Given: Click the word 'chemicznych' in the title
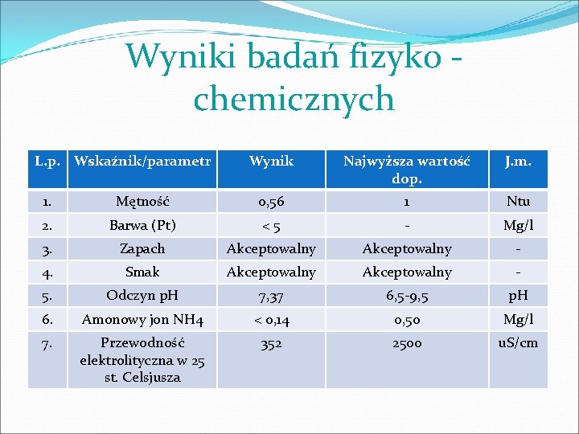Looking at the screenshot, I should click(x=294, y=100).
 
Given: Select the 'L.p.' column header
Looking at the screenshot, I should click(x=47, y=162).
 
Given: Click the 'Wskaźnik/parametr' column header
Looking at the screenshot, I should click(x=142, y=162).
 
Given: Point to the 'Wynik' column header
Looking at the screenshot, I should click(x=271, y=162).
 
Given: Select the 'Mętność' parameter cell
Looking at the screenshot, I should click(x=142, y=202).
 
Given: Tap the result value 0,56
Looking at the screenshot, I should click(x=271, y=202).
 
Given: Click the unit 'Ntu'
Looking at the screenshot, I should click(x=517, y=202).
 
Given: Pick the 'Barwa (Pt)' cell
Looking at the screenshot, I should click(x=142, y=225).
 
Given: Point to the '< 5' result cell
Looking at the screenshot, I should click(x=271, y=225).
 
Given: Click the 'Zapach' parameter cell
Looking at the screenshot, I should click(x=142, y=249).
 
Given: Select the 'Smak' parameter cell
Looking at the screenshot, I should click(x=142, y=272).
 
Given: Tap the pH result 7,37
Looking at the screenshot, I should click(x=271, y=297).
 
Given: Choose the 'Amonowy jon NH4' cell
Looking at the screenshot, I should click(x=142, y=320).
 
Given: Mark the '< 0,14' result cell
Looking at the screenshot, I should click(x=271, y=320).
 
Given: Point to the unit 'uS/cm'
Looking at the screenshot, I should click(x=517, y=343).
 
